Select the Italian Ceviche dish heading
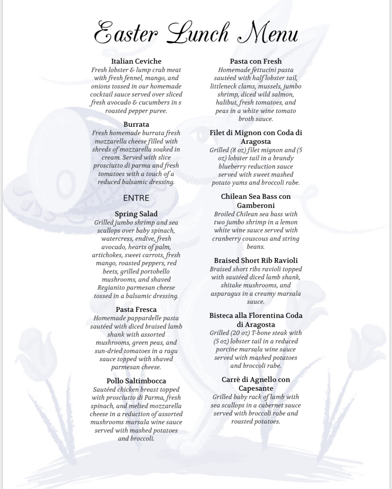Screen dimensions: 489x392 click(136, 61)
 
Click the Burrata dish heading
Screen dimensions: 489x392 click(136, 124)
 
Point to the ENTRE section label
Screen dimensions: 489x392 click(136, 198)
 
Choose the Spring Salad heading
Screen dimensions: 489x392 click(136, 214)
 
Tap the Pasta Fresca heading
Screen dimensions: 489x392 click(136, 310)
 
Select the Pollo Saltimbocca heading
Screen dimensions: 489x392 click(136, 381)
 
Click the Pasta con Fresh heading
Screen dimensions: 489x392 click(256, 61)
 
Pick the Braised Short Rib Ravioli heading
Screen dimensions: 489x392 click(256, 261)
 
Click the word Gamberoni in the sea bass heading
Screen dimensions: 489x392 click(256, 205)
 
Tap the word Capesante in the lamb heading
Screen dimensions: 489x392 click(256, 388)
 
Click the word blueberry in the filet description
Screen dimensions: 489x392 click(234, 167)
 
